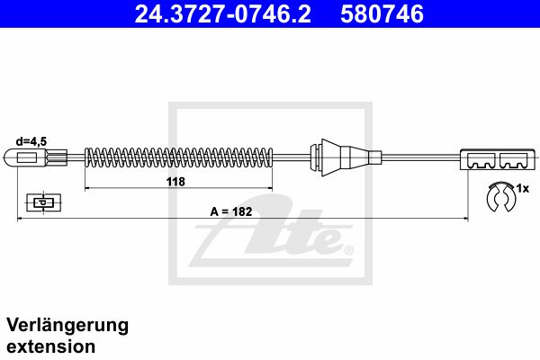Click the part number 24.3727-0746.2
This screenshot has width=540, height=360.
click(x=223, y=14)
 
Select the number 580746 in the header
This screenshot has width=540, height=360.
click(x=382, y=14)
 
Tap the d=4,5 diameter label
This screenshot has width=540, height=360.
click(x=31, y=141)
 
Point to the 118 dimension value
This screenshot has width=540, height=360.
click(x=175, y=181)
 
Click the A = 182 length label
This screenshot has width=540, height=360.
click(x=231, y=211)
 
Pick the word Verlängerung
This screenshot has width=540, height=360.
click(x=67, y=326)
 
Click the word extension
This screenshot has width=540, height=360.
click(x=51, y=346)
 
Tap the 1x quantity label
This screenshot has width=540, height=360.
click(x=522, y=188)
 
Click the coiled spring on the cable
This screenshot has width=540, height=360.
click(x=178, y=157)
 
